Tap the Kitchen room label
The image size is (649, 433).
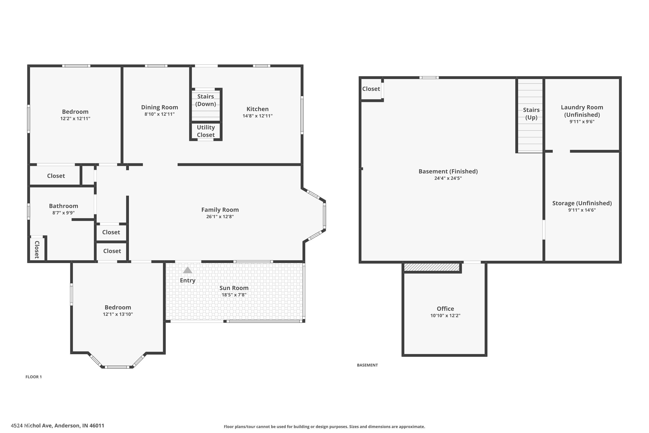[x=257, y=109]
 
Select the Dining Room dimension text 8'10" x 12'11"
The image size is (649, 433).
[x=159, y=114]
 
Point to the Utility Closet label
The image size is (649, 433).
[x=206, y=131]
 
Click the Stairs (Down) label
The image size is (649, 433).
[x=206, y=100]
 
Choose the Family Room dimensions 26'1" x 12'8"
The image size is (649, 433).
[x=220, y=216]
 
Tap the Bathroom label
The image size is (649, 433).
[x=63, y=206]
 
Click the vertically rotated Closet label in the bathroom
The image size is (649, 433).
[x=37, y=250]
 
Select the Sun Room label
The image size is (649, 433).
[x=234, y=288]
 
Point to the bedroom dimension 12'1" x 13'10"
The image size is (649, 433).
[x=118, y=314]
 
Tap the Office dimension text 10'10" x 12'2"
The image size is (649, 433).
[x=445, y=316]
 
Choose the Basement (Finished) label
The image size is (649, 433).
[x=448, y=171]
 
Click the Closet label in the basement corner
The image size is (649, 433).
[x=371, y=89]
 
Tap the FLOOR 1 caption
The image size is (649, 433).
[x=34, y=377]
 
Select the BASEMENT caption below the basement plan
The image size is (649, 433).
[x=367, y=365]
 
